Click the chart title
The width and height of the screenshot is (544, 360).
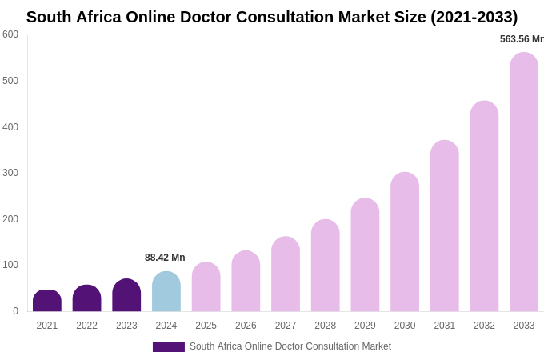pos(272,17)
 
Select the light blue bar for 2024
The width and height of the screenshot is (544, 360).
pos(166,292)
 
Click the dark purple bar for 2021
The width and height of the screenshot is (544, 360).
pos(47,301)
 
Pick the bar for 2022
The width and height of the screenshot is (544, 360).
pos(86,298)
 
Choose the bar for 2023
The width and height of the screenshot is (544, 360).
pos(126,295)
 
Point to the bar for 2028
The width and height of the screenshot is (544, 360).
pos(326,266)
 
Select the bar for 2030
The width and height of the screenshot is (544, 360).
pos(405,242)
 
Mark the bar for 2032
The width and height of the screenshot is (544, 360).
pos(484,206)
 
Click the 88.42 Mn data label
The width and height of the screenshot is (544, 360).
pos(165,258)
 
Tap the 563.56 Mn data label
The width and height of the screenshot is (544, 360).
pos(522,39)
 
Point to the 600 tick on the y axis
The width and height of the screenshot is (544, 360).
pos(10,34)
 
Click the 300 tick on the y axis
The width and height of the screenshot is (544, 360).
pos(10,173)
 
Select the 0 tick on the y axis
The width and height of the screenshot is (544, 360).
pos(15,311)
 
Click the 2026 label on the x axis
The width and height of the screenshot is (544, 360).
pos(246,326)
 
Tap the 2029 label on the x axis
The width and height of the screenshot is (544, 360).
pos(365,326)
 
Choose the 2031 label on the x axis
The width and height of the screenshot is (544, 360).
pos(444,326)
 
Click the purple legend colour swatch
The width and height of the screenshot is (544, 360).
pos(169,347)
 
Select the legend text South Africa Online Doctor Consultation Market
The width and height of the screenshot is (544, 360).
pos(290,346)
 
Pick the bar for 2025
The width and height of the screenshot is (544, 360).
pos(206,287)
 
